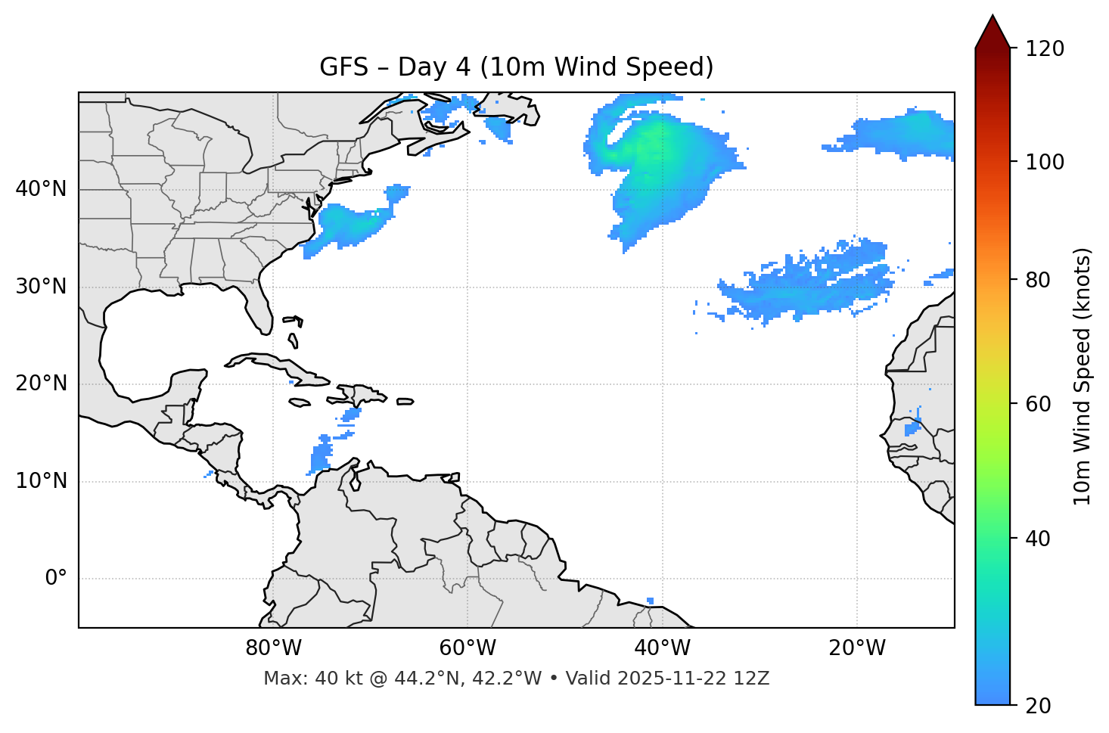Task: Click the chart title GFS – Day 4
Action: click(x=516, y=67)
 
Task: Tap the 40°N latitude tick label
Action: click(x=41, y=189)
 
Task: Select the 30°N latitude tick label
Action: click(x=41, y=287)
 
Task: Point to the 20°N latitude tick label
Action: click(x=41, y=384)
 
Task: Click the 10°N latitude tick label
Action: click(x=41, y=481)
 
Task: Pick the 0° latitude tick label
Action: click(x=56, y=579)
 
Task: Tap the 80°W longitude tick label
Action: click(x=273, y=648)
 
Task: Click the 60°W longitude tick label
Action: click(x=468, y=648)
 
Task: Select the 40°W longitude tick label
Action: click(x=662, y=648)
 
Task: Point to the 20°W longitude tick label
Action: click(x=856, y=648)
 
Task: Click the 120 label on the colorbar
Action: click(x=1045, y=49)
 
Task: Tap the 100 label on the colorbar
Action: click(x=1045, y=162)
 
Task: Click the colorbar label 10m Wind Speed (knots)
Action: click(x=1083, y=377)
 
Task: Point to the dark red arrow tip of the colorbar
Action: click(x=993, y=29)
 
